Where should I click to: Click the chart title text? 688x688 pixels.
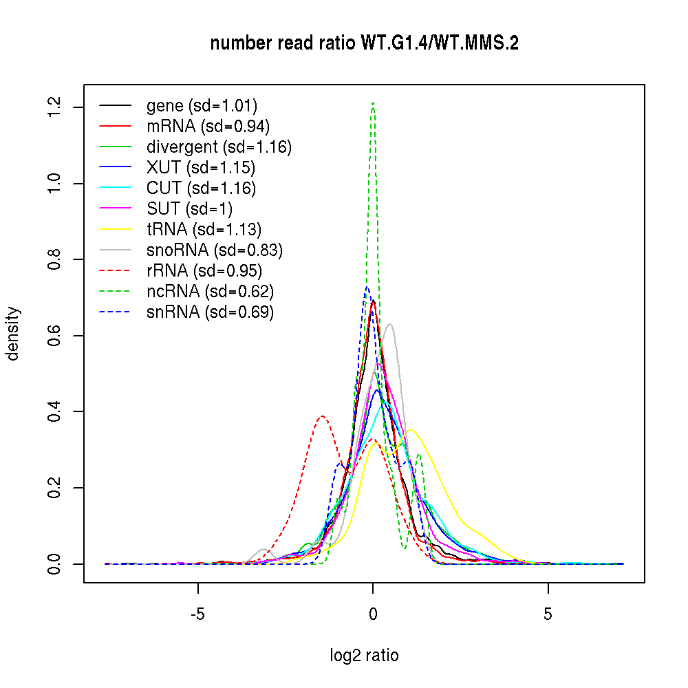[x=364, y=43]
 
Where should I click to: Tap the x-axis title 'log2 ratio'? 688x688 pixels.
[x=364, y=656]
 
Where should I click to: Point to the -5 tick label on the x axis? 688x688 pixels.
[x=198, y=614]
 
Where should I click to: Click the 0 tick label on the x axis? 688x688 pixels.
[x=373, y=614]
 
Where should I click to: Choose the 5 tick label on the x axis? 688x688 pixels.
[x=548, y=614]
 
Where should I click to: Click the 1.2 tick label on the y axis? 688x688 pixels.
[x=55, y=107]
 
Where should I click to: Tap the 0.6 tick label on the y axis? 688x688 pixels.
[x=55, y=336]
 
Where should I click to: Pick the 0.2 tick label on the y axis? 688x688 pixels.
[x=55, y=488]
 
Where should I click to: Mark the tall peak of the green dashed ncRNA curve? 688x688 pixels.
[x=373, y=103]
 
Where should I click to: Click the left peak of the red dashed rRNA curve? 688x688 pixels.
[x=322, y=416]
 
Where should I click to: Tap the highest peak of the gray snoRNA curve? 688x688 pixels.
[x=390, y=324]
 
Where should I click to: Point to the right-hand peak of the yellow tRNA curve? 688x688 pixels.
[x=411, y=430]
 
